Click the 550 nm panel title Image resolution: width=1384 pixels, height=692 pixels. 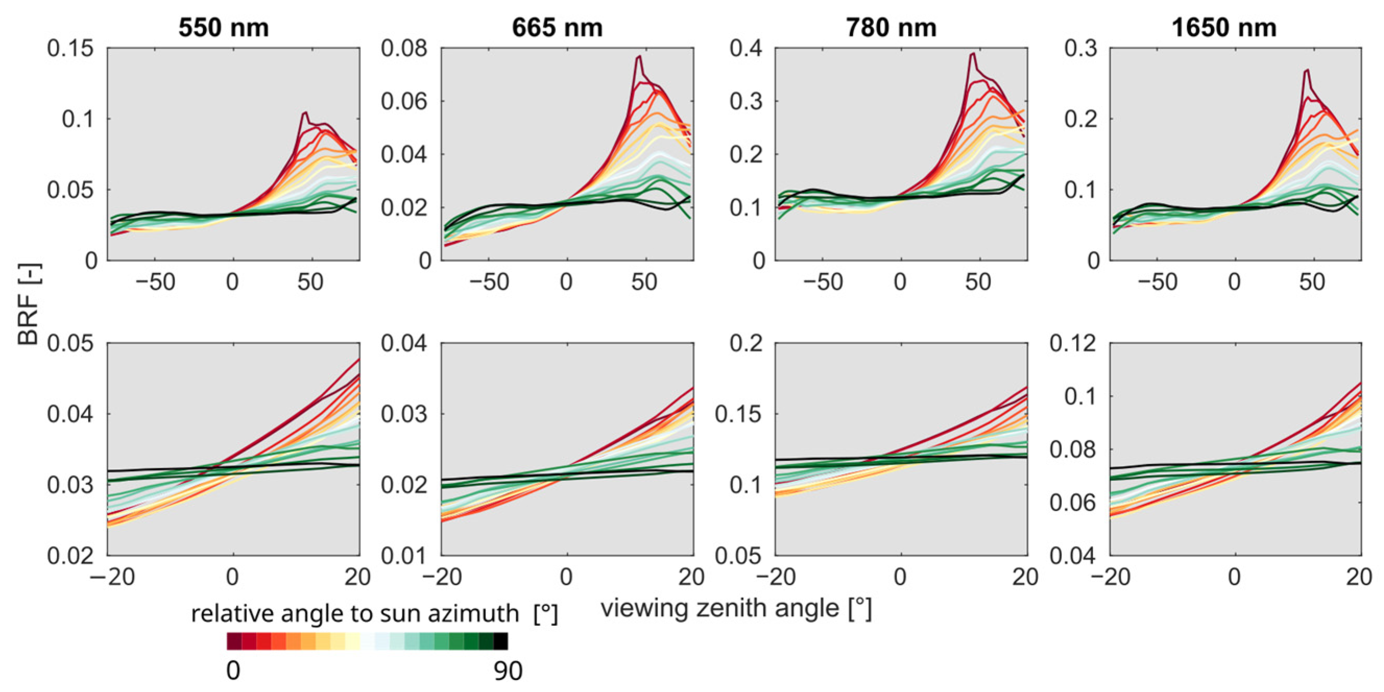[224, 28]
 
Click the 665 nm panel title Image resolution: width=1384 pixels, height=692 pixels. [557, 28]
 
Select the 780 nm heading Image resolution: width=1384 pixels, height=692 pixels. [891, 28]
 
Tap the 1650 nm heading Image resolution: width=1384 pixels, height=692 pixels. [1224, 28]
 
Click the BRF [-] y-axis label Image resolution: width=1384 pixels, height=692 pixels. [28, 304]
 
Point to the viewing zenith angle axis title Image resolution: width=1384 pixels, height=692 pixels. [736, 609]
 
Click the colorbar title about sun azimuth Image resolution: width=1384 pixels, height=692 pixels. [374, 614]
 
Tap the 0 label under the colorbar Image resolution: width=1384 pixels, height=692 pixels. [233, 671]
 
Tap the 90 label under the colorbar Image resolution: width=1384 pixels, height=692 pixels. [508, 671]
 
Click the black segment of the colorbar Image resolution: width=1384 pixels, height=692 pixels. [501, 641]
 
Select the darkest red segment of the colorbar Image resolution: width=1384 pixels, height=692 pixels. [234, 641]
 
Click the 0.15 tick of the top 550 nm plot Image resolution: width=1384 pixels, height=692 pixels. [70, 48]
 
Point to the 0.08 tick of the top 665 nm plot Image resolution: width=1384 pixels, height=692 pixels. [404, 48]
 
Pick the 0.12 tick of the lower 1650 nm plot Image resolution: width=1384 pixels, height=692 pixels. [1073, 343]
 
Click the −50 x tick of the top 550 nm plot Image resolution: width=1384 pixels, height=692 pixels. [155, 282]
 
